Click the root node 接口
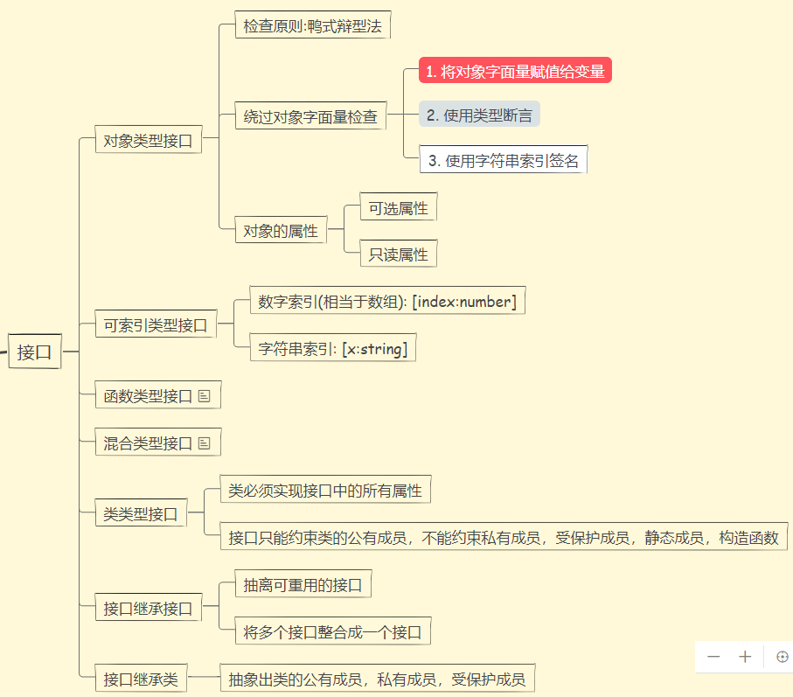click(x=35, y=352)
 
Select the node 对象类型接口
click(x=148, y=140)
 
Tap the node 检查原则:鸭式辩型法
click(x=312, y=25)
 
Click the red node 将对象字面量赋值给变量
click(x=515, y=71)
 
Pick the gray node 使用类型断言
click(x=479, y=115)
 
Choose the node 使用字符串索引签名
click(x=503, y=160)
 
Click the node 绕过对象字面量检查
click(x=310, y=116)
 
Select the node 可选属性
click(x=398, y=208)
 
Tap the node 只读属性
click(x=398, y=254)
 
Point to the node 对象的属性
click(x=281, y=232)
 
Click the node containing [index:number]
click(x=386, y=302)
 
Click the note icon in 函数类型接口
click(x=205, y=396)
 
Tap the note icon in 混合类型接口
click(x=205, y=443)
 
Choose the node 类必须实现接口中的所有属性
click(x=324, y=491)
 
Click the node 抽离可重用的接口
click(x=303, y=585)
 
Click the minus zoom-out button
click(x=714, y=657)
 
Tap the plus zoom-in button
click(x=745, y=657)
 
